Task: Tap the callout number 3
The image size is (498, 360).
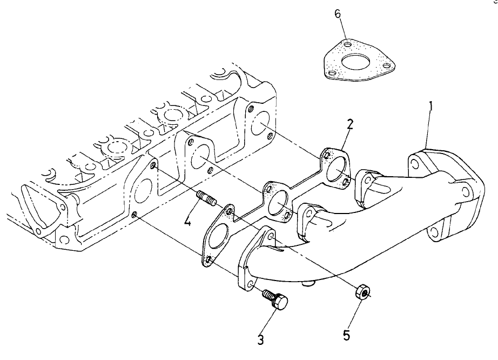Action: coord(261,339)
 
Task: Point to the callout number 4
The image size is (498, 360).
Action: coord(187,221)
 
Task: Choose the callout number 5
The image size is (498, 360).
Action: coord(346,335)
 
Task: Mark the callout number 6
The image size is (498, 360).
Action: coord(338,14)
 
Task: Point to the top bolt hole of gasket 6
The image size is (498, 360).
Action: coord(348,44)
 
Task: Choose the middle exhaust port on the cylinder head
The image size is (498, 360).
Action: coord(200,158)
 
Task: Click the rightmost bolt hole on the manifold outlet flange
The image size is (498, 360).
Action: coord(464,191)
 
